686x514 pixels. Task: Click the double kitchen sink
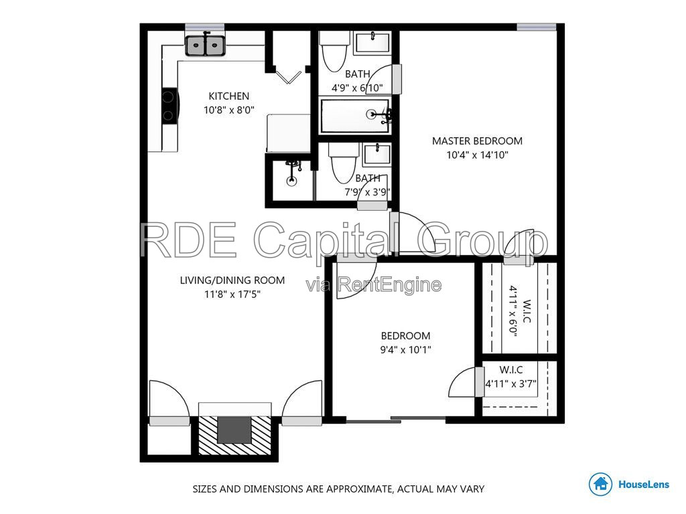click(x=205, y=45)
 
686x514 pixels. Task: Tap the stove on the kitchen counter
click(x=169, y=106)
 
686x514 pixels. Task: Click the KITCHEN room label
click(x=229, y=96)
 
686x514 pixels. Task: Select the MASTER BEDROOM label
click(x=477, y=141)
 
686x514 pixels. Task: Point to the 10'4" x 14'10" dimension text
click(x=477, y=155)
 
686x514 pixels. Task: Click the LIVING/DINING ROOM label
click(x=232, y=280)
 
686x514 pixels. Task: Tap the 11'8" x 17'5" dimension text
click(x=232, y=294)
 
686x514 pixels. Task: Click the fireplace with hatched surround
click(x=235, y=435)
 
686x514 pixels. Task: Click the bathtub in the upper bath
click(x=355, y=116)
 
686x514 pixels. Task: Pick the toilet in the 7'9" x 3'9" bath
click(x=344, y=163)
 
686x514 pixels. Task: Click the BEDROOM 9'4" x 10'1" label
click(x=405, y=343)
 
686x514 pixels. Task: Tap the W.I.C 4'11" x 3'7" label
click(x=511, y=377)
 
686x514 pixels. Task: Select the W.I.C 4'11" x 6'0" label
click(x=520, y=311)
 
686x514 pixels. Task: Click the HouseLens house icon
click(x=600, y=484)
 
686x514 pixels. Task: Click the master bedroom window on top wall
click(x=537, y=27)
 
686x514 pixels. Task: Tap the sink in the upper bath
click(x=372, y=42)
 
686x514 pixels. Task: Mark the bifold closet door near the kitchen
click(x=289, y=77)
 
